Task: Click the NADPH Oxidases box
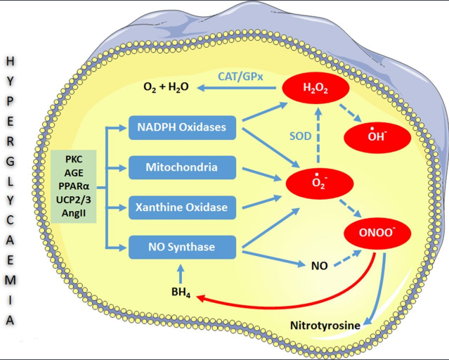tap(181, 128)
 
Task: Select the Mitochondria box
tap(181, 167)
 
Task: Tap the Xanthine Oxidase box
tap(181, 207)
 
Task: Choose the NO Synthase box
tap(181, 247)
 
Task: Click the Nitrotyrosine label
tap(325, 326)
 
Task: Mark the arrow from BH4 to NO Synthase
tap(181, 272)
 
